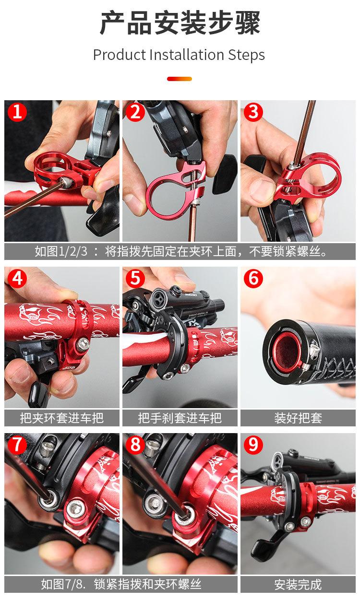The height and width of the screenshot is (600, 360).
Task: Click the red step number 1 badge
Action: click(x=17, y=112)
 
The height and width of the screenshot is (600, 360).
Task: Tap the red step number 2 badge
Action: click(x=135, y=112)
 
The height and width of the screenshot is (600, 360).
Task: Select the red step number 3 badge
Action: click(x=253, y=112)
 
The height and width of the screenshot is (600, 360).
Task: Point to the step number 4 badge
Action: click(x=17, y=278)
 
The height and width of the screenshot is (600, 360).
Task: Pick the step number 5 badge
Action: click(x=135, y=278)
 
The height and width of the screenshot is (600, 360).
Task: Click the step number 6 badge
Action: click(x=253, y=278)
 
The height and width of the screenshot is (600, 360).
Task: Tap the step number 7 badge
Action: click(x=17, y=445)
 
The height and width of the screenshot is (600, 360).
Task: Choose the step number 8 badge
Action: click(x=135, y=445)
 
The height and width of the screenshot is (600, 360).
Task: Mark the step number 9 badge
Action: click(x=253, y=445)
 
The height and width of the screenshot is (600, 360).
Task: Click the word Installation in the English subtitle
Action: click(x=187, y=55)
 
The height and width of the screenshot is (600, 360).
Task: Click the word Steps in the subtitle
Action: click(x=246, y=55)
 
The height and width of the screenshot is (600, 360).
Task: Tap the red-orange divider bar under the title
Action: click(x=180, y=79)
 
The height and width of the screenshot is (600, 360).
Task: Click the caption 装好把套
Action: click(x=298, y=418)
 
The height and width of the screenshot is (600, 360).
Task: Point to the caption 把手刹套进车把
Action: click(x=180, y=418)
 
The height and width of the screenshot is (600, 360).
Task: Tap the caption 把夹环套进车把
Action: click(x=61, y=418)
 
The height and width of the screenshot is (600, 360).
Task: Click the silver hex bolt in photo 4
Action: click(x=83, y=344)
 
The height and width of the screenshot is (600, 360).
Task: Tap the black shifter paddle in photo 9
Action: click(x=264, y=547)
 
